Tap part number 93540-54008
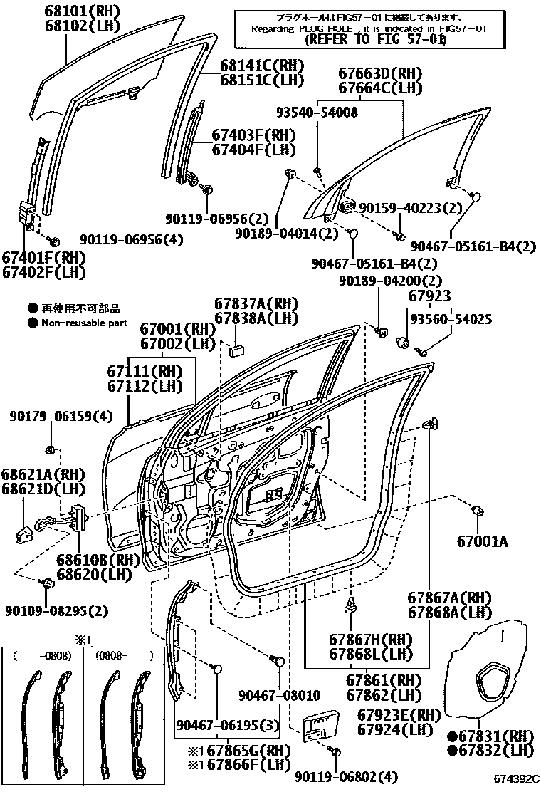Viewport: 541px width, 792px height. tap(317, 112)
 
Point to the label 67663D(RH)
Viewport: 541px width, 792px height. tap(379, 73)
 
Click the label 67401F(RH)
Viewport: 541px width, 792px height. tap(43, 257)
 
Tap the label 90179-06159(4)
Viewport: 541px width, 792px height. tap(51, 416)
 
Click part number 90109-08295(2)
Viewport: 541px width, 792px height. tap(56, 611)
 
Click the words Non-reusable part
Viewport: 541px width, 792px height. tap(84, 323)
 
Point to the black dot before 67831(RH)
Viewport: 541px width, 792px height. tap(451, 735)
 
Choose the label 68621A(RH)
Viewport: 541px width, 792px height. tap(42, 474)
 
